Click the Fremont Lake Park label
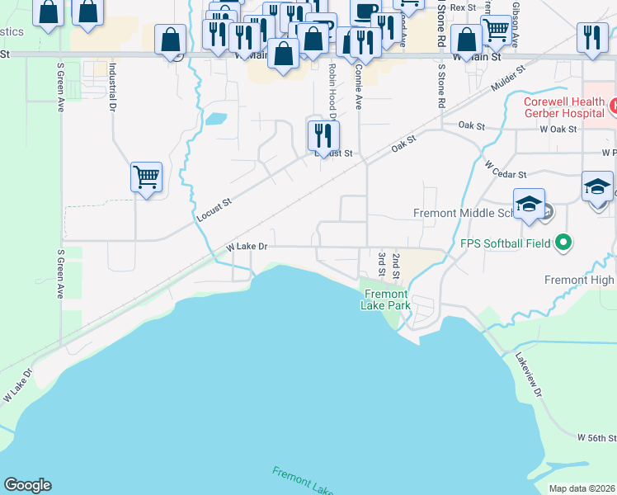click(x=385, y=299)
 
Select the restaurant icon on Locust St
click(x=323, y=134)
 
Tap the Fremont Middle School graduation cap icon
click(x=529, y=204)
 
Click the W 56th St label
click(x=596, y=436)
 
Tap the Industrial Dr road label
click(x=112, y=84)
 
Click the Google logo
click(x=27, y=485)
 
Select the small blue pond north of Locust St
click(x=215, y=118)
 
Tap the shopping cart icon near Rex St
click(x=495, y=29)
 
